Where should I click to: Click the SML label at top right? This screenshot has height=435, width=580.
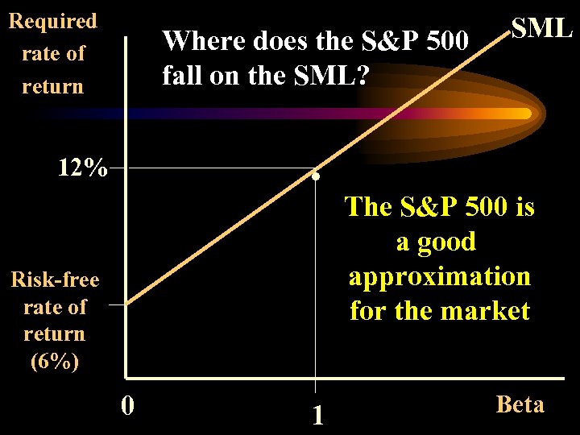pos(542,28)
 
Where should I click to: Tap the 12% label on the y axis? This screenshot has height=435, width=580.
pos(82,168)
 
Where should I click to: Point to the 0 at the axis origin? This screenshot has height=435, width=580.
pos(127,404)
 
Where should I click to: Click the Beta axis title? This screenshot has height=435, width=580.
pos(520,404)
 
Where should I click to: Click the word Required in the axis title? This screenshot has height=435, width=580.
pos(52,21)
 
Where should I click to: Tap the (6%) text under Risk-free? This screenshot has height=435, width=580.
pos(54,361)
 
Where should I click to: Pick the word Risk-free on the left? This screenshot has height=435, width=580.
pos(55,280)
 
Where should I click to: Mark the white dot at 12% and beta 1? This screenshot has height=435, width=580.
pos(317,176)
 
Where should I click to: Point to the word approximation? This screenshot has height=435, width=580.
pos(440,276)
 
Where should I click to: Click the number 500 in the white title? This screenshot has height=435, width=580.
pos(441,40)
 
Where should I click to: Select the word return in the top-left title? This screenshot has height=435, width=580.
pos(52,86)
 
